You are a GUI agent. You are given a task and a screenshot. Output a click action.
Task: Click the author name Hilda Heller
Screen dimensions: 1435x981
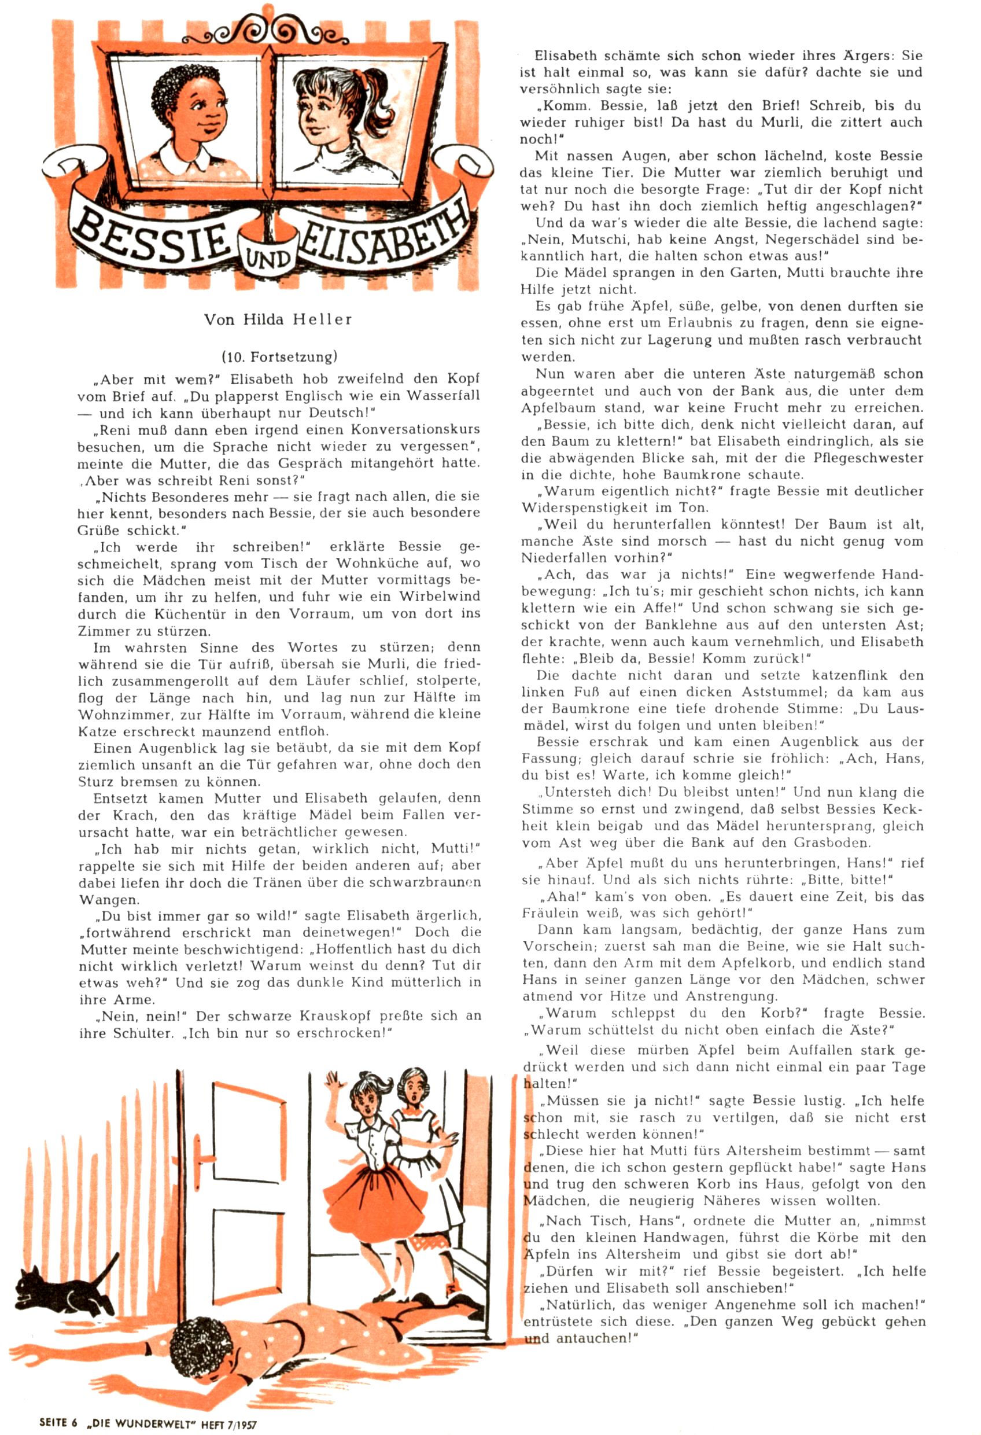[278, 319]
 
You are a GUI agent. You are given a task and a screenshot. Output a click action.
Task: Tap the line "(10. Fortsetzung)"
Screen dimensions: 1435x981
[279, 356]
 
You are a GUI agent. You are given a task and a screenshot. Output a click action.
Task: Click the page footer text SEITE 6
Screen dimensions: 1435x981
[58, 1418]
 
